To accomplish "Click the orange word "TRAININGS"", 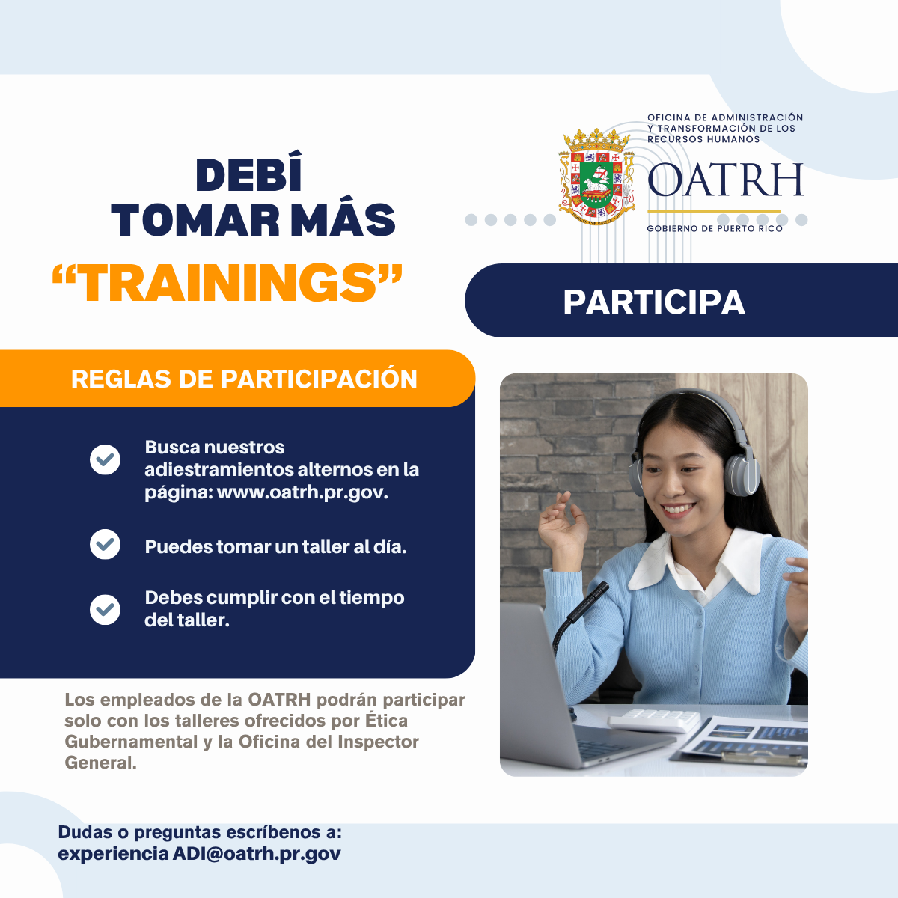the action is pos(227,282).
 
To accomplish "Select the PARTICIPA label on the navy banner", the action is pos(654,302).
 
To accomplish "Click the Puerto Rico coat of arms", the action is pos(597,177).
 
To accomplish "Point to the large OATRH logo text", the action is pos(726,180).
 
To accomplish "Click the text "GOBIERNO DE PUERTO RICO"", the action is pos(715,229).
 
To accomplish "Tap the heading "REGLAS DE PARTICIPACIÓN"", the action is pos(244,379).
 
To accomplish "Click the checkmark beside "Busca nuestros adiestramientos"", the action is pos(105,459).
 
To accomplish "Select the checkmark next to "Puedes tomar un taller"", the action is pos(105,544).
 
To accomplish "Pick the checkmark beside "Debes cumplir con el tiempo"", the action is pos(105,610).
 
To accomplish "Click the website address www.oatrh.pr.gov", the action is pos(302,492).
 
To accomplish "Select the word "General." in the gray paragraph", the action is pos(100,763).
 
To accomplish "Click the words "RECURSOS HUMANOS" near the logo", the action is pos(703,139).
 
